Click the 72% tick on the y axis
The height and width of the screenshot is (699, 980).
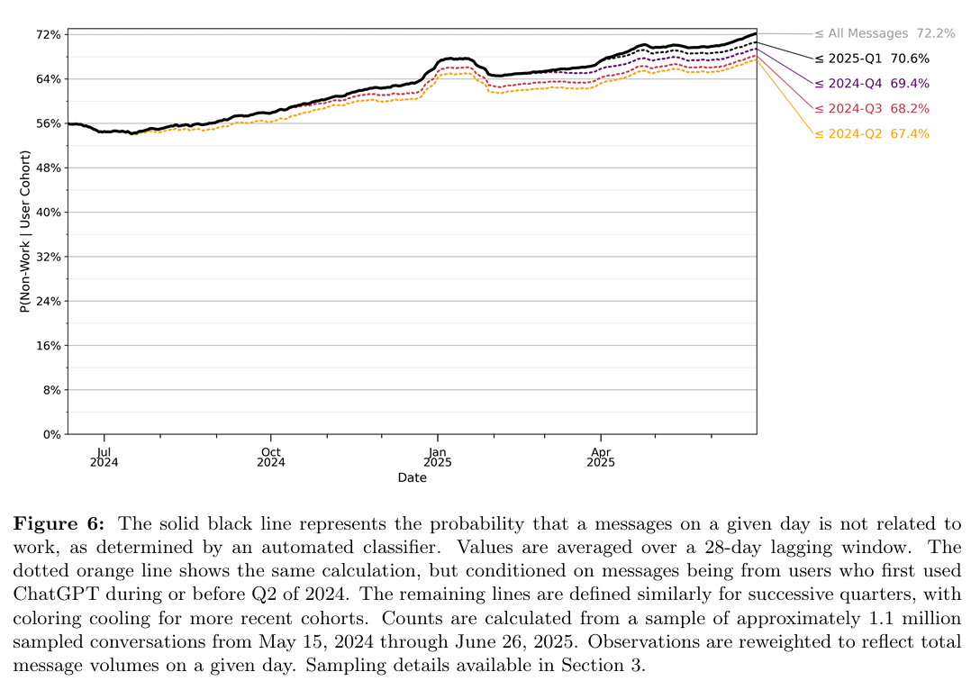(x=49, y=34)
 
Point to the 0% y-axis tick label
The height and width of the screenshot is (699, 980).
(x=52, y=434)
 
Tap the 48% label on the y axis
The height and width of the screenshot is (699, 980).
(x=49, y=168)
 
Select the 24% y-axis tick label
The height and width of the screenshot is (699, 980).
(x=49, y=301)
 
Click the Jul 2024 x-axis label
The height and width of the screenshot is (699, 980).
(x=104, y=457)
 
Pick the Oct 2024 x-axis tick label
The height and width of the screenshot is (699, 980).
(x=270, y=457)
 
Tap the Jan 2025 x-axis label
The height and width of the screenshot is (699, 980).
(x=437, y=457)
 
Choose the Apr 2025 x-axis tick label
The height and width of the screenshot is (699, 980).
(x=601, y=457)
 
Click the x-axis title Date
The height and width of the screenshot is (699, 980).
(x=412, y=478)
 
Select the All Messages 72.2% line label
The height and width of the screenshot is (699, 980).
(x=884, y=33)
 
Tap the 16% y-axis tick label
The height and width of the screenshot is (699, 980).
(x=49, y=346)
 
